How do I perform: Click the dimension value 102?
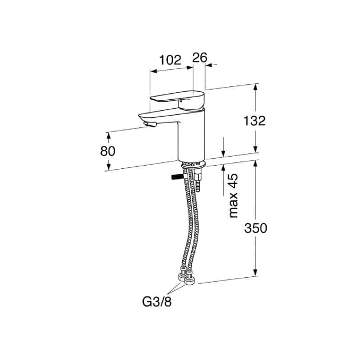tap(171, 60)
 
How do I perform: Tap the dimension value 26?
tap(200, 58)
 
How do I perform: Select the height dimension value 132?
tap(254, 121)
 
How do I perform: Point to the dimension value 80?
tap(108, 151)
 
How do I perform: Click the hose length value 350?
tap(256, 228)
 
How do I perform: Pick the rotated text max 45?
tap(234, 196)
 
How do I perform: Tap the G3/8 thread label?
tap(157, 302)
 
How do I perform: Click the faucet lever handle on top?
tap(177, 99)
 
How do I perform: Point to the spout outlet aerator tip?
tap(150, 125)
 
